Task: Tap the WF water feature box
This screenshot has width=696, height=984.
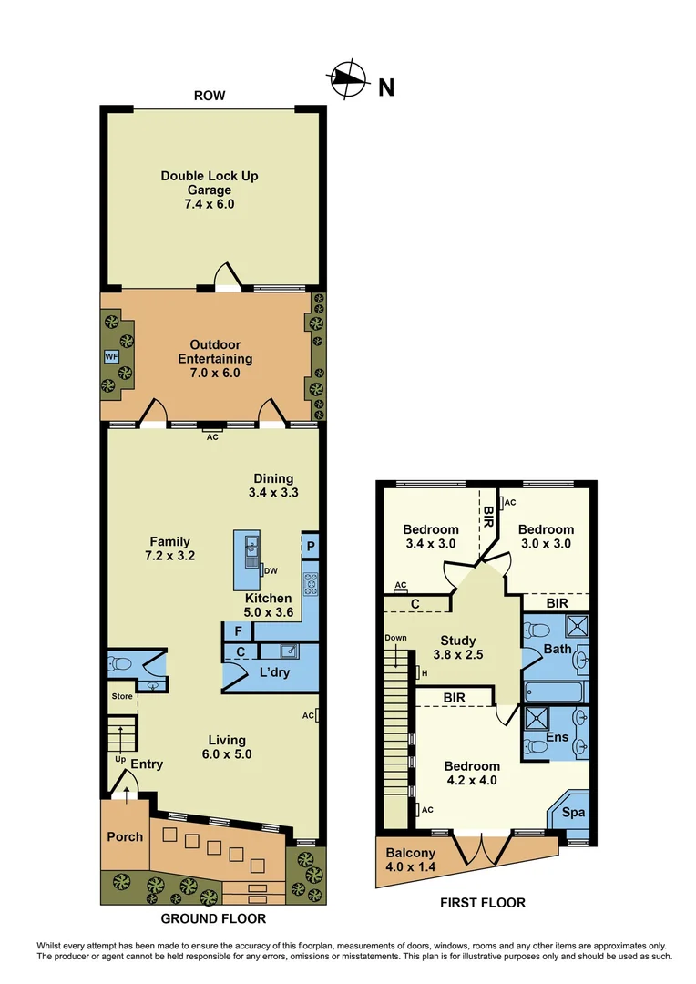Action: click(x=111, y=356)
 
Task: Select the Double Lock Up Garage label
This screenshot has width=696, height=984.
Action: click(x=210, y=190)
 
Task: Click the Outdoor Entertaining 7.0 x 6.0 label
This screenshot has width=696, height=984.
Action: click(x=215, y=358)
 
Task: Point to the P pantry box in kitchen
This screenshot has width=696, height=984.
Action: click(x=311, y=547)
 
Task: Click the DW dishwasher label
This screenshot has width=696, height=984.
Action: click(x=271, y=571)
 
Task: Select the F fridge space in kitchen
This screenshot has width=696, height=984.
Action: click(x=238, y=630)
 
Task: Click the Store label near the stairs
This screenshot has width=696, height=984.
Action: click(x=122, y=697)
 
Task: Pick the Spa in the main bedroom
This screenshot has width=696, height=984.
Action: click(x=572, y=812)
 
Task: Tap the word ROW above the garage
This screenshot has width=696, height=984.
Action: click(x=209, y=96)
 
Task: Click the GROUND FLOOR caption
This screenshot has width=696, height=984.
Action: click(x=213, y=918)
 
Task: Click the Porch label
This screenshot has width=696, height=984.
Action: click(x=124, y=836)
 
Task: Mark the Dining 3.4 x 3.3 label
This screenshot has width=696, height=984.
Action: click(x=273, y=485)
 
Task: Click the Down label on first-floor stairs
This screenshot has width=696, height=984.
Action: click(x=394, y=638)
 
